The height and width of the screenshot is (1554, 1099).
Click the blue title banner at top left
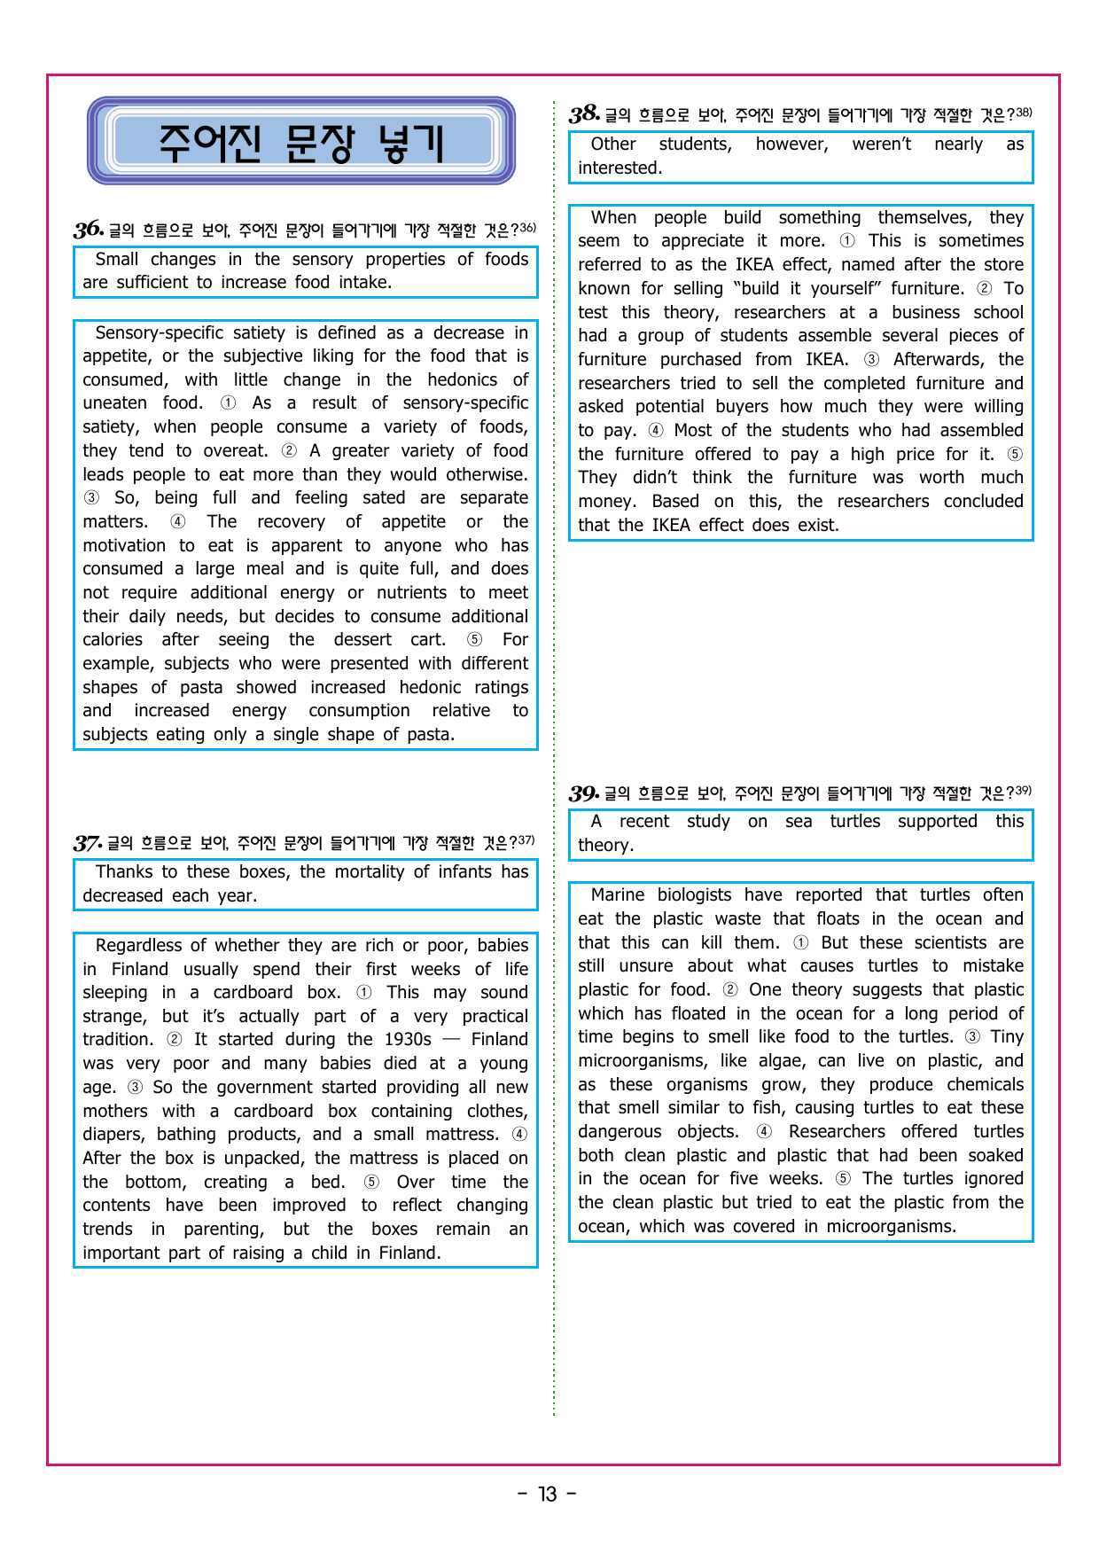click(x=301, y=142)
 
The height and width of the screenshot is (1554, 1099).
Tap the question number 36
click(x=88, y=230)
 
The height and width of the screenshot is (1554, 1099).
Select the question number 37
click(x=87, y=843)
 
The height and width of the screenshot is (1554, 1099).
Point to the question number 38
click(x=584, y=114)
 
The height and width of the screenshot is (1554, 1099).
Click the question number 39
click(x=583, y=793)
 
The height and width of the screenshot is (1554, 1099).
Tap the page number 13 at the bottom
click(x=548, y=1495)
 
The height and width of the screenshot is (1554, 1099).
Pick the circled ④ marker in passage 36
click(x=178, y=522)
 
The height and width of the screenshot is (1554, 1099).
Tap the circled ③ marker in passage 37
click(x=135, y=1088)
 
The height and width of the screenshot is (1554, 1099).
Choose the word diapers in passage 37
click(x=113, y=1135)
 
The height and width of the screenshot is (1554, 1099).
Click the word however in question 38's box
click(x=791, y=144)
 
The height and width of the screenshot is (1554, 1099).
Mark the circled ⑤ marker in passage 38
click(x=1015, y=455)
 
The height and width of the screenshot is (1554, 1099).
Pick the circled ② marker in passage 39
click(x=730, y=990)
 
